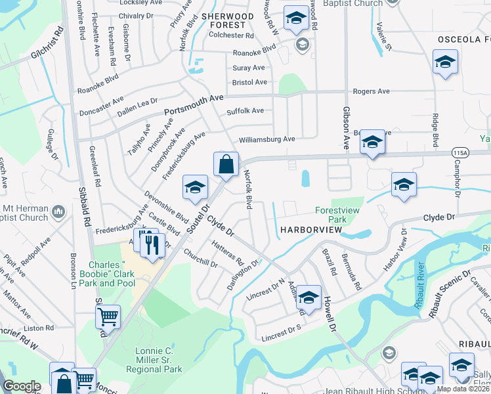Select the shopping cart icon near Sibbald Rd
(x=108, y=317)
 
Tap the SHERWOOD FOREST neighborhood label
(x=227, y=21)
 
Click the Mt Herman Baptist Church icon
(x=58, y=212)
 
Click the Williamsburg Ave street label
(x=267, y=139)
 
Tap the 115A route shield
(x=460, y=152)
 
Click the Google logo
(x=22, y=386)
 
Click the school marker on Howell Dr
(x=309, y=297)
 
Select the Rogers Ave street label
(x=372, y=92)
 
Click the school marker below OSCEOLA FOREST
(x=445, y=62)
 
